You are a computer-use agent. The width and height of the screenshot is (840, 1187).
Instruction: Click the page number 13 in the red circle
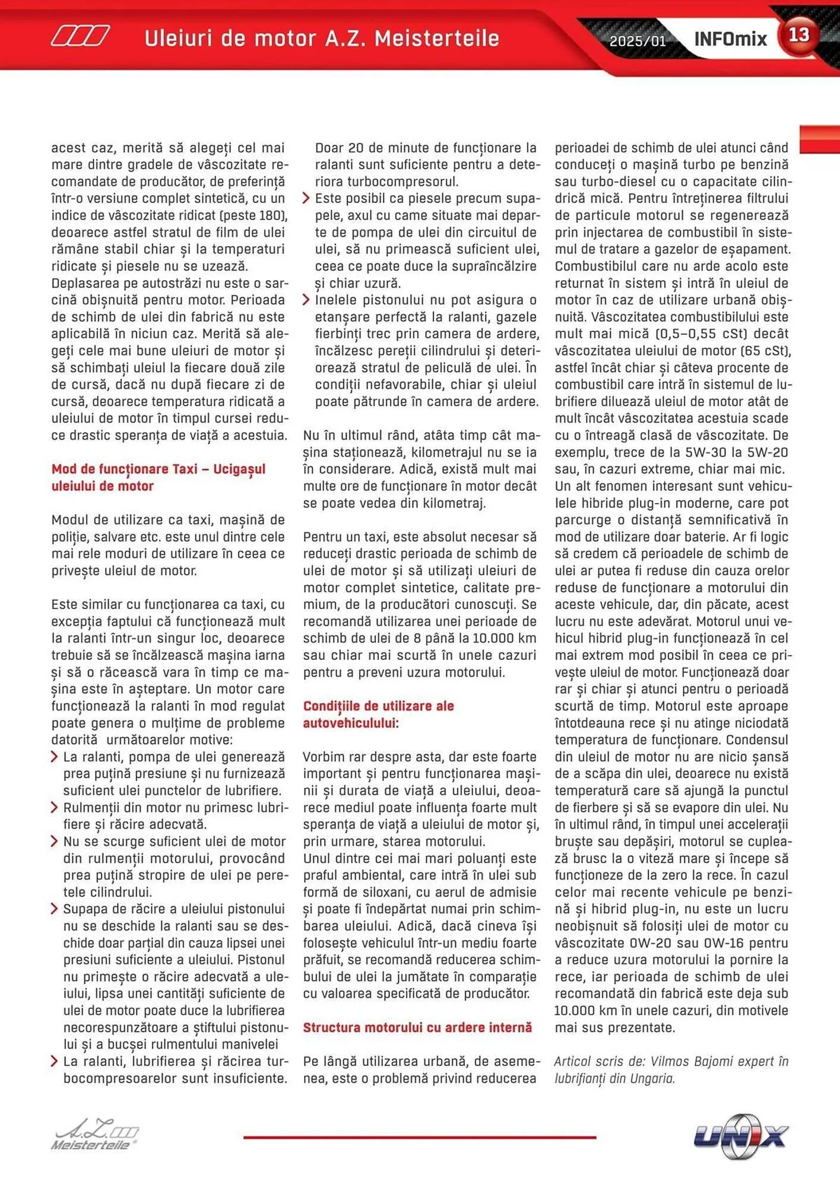[798, 35]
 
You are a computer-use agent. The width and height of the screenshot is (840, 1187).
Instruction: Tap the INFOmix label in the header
[730, 40]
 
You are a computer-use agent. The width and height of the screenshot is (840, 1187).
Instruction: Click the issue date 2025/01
[638, 41]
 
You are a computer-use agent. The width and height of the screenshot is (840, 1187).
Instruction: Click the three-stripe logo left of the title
[80, 36]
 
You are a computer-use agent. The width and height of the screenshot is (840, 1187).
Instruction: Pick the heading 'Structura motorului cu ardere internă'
[417, 1027]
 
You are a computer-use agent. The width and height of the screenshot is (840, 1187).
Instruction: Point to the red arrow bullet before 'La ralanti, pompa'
[54, 757]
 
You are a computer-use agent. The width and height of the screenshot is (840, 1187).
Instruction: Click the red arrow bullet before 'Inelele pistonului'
[306, 300]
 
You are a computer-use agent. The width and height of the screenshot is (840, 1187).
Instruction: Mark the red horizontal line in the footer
[419, 1137]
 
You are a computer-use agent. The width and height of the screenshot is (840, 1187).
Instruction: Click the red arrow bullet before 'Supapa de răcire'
[54, 909]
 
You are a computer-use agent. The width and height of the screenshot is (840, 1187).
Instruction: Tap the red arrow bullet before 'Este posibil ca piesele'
[306, 198]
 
